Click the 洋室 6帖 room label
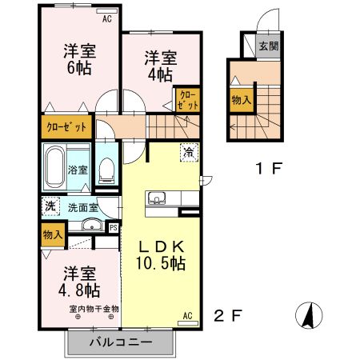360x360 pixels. coord(78,59)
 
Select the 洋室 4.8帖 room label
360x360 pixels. coord(78,281)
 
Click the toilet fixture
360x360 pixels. coord(106,170)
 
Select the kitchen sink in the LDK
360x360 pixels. coord(154,200)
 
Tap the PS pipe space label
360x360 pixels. coord(114,227)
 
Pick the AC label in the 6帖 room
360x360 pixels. coord(109,15)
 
